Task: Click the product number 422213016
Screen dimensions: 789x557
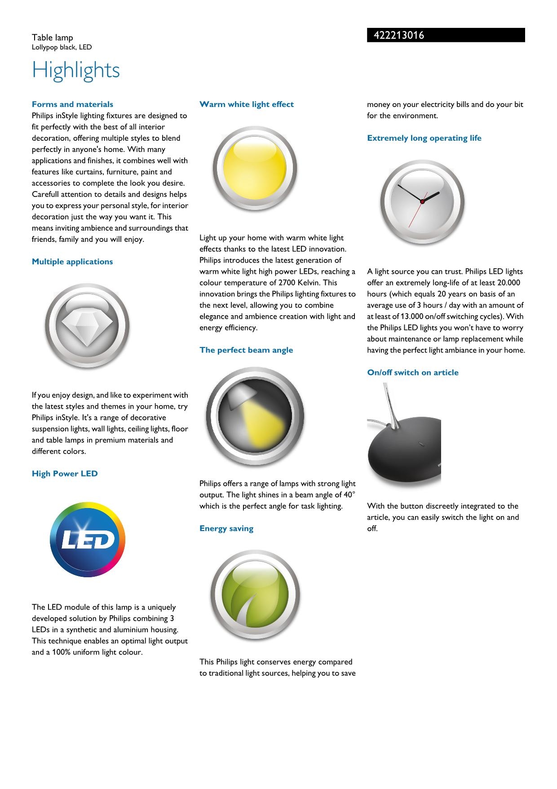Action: [398, 36]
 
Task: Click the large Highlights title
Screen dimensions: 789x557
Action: [76, 70]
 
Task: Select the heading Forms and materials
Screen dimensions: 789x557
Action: [72, 104]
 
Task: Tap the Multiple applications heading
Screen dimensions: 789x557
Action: [72, 262]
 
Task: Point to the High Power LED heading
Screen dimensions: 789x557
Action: [65, 473]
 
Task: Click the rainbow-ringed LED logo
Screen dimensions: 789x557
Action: [88, 539]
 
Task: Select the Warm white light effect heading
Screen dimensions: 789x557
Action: [247, 104]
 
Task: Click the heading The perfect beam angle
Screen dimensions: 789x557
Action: [246, 350]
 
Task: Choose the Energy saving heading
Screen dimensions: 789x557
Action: [226, 529]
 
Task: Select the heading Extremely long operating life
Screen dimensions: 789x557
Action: [424, 138]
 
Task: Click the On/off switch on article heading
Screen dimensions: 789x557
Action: [413, 373]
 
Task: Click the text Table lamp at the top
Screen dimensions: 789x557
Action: [52, 38]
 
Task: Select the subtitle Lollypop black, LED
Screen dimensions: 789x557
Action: [62, 47]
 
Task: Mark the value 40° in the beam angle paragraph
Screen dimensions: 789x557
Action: [349, 495]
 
